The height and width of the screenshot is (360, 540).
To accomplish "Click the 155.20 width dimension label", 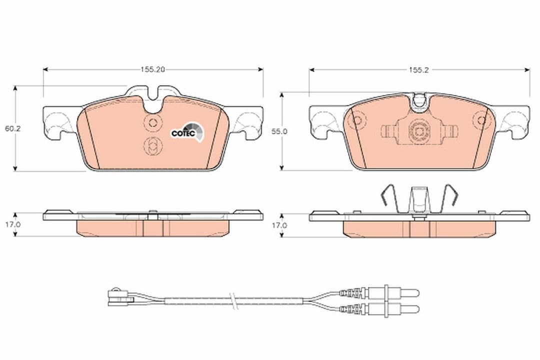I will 153,70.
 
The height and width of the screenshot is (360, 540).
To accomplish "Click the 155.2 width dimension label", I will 419,70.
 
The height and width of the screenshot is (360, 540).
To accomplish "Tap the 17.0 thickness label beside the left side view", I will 13,225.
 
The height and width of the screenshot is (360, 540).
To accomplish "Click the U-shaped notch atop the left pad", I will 153,100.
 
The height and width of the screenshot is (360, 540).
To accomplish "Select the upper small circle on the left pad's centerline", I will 153,122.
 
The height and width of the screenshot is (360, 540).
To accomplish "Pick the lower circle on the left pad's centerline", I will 153,146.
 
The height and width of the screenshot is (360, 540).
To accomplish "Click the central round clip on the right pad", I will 419,131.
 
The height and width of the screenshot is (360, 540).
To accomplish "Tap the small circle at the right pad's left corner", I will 357,120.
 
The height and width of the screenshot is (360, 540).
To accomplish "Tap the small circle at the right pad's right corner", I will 482,120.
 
